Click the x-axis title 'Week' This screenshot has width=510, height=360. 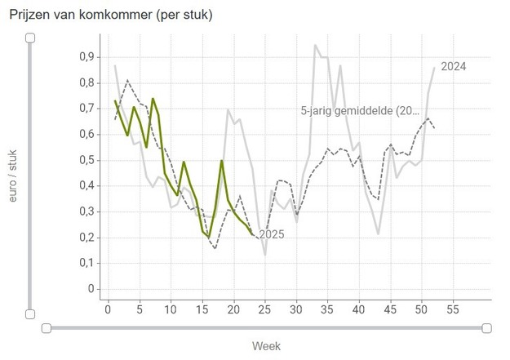tap(266, 346)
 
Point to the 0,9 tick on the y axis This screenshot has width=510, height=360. tap(86, 57)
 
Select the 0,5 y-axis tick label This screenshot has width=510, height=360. tap(86, 160)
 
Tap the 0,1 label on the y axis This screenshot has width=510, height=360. tap(86, 263)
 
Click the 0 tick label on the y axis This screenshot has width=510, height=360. tap(91, 289)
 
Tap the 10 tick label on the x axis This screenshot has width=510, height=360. tap(171, 309)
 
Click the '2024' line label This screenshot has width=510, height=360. tap(453, 67)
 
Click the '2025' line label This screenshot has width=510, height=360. tap(271, 235)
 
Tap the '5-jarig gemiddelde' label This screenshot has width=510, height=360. tap(358, 110)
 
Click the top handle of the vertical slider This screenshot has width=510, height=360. tap(30, 38)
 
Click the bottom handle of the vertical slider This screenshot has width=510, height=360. tap(30, 314)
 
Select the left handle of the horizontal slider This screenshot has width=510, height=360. tap(47, 328)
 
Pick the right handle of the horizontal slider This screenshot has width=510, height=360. tap(487, 328)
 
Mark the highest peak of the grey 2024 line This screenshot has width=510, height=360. tap(315, 46)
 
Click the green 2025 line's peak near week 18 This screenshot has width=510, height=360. tap(222, 161)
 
